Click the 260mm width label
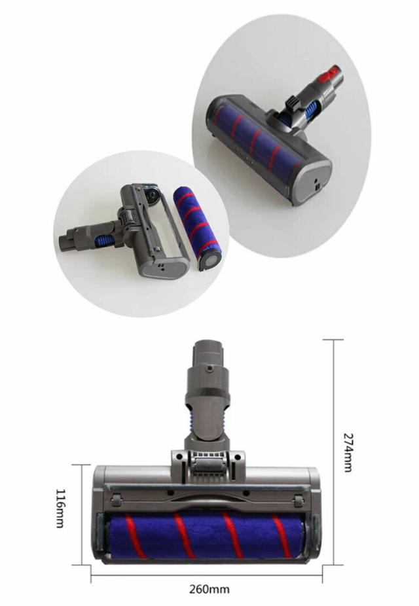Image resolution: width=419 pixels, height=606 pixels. pos(209,590)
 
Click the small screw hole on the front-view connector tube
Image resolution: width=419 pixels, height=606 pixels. pos(208,369)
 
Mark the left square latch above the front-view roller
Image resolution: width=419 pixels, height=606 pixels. pos(117,501)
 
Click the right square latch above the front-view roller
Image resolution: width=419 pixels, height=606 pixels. pos(299,501)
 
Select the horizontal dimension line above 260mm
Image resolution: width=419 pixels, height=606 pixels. pos(207,575)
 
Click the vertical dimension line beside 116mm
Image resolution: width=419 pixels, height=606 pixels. pos(81,514)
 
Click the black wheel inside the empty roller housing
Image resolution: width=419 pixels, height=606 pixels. pos(151,194)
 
